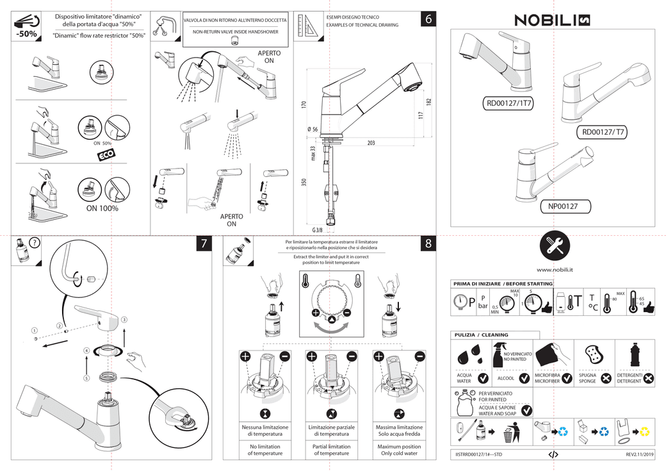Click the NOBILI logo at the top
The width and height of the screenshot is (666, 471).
click(x=552, y=21)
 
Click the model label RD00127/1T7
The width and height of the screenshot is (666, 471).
click(x=509, y=103)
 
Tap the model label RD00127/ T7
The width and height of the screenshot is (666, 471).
click(x=604, y=133)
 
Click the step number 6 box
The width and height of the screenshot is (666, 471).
click(x=429, y=19)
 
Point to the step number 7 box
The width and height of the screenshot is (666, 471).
click(x=204, y=244)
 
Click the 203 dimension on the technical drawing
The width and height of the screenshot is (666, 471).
click(x=371, y=142)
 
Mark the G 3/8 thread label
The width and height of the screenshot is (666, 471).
click(x=318, y=229)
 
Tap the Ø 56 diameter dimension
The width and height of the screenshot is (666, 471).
click(x=313, y=129)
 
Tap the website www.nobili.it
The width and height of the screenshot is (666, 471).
click(x=555, y=270)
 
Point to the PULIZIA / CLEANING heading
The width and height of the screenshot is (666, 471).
click(x=481, y=335)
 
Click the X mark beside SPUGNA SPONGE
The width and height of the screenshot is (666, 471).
click(x=606, y=379)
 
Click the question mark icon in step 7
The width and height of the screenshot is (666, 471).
click(x=35, y=242)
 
